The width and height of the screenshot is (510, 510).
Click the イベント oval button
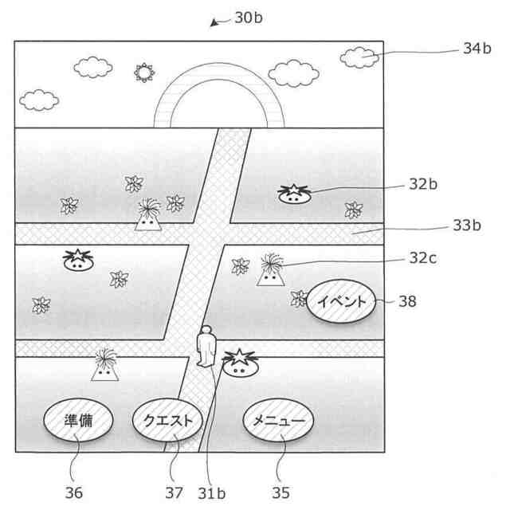click(341, 301)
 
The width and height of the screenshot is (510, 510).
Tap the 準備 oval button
click(77, 421)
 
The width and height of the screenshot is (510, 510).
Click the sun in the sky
click(143, 73)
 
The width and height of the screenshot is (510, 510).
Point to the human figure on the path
click(207, 347)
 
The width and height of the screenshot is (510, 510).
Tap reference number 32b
click(423, 184)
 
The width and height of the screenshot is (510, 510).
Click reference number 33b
click(467, 226)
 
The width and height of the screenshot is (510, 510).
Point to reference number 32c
click(423, 258)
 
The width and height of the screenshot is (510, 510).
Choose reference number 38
click(406, 302)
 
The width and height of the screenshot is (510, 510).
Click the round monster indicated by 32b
click(293, 194)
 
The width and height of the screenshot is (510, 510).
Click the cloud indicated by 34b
click(359, 57)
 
